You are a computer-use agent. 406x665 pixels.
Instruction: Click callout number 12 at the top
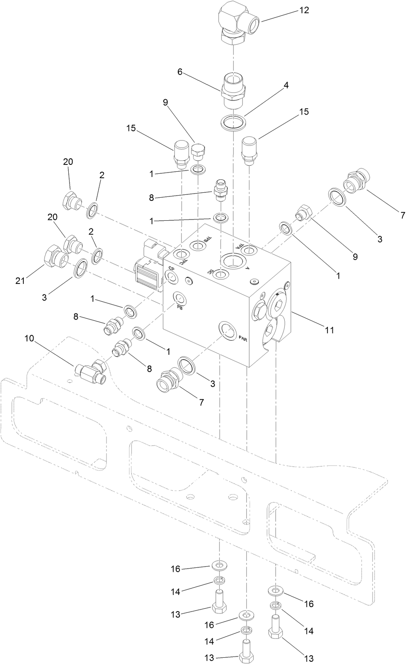(304, 10)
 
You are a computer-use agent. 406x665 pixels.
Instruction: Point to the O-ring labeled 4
(233, 122)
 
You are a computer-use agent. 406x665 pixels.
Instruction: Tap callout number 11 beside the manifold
(330, 330)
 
